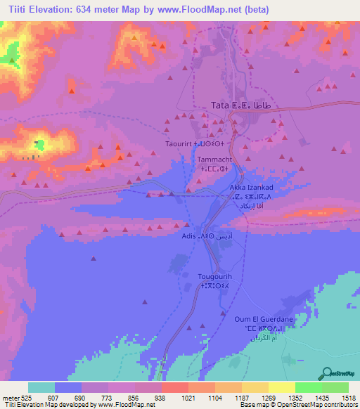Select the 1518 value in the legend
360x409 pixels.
(347, 397)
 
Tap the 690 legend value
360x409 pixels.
(82, 397)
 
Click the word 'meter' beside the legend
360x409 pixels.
(9, 397)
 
